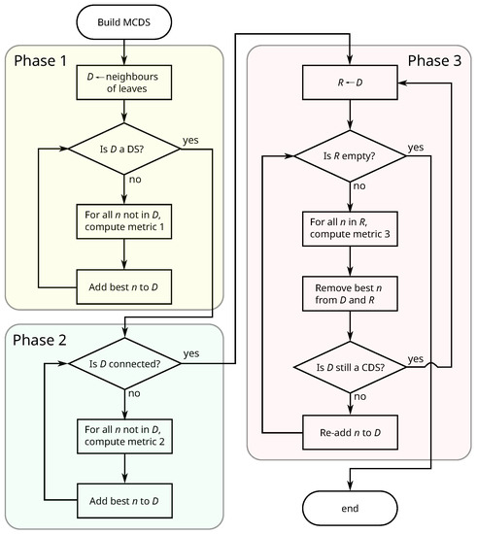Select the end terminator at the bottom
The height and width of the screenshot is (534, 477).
tap(349, 507)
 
